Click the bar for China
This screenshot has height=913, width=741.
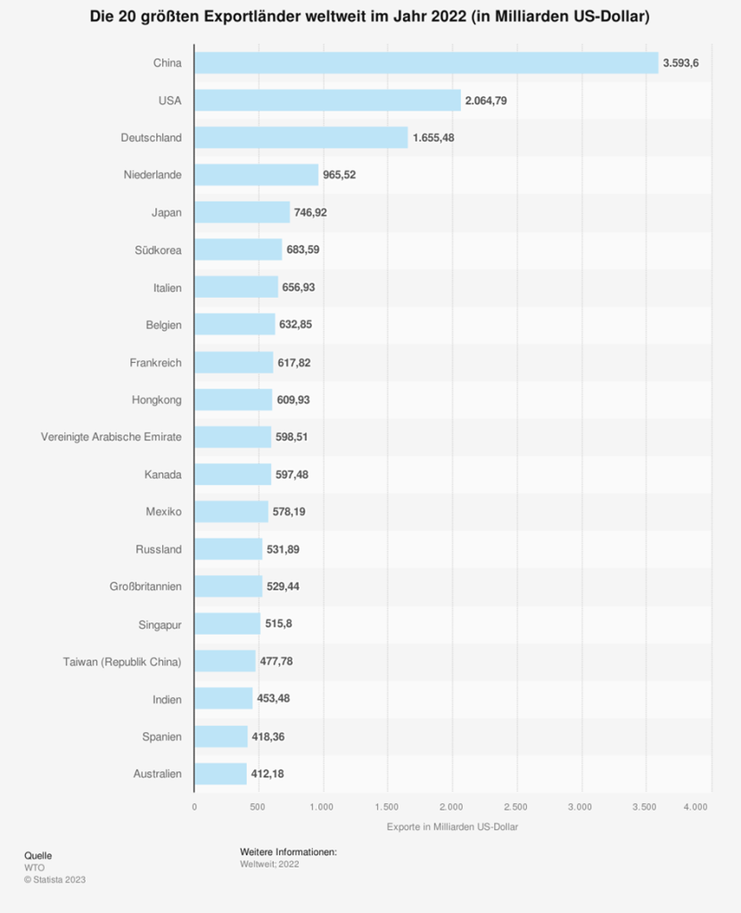point(426,62)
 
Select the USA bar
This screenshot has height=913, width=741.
point(327,100)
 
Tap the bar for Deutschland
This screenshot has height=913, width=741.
point(301,137)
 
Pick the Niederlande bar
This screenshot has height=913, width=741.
point(257,175)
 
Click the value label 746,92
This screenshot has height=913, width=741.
point(312,212)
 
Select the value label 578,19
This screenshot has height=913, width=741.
point(291,512)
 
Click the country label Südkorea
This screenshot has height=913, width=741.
point(157,250)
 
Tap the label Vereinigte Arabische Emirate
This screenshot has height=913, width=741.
point(111,437)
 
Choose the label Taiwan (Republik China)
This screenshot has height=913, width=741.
point(122,662)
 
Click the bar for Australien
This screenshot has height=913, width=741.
point(220,774)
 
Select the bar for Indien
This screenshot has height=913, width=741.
point(224,699)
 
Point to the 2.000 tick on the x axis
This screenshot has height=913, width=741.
point(452,807)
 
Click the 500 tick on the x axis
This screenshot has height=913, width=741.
point(259,807)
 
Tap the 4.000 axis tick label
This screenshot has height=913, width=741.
point(696,807)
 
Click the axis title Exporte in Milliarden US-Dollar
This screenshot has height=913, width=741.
point(452,827)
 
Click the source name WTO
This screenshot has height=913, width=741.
point(34,867)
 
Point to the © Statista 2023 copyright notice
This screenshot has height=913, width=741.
point(55,879)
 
